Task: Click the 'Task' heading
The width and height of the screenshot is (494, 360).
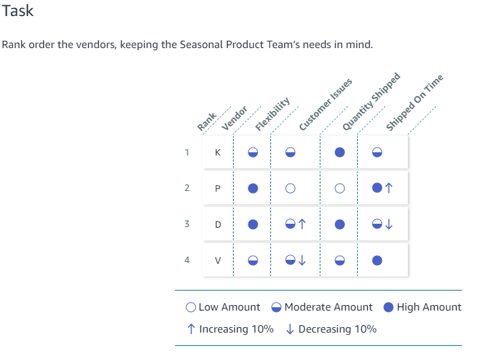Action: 18,11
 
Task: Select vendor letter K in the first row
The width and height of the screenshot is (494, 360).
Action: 217,152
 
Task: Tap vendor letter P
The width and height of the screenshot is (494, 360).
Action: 217,188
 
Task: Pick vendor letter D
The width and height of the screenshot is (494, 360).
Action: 217,224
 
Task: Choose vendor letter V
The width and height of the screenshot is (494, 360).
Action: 217,260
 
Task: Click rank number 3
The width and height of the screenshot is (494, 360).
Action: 188,224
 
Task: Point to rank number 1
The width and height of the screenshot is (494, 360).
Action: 188,152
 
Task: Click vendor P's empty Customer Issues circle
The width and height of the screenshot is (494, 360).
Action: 290,188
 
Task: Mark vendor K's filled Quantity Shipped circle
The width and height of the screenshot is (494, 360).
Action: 340,152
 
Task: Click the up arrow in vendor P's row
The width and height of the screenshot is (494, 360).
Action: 390,188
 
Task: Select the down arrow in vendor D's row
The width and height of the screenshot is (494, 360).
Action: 390,224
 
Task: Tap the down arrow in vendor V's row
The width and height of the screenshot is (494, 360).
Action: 302,260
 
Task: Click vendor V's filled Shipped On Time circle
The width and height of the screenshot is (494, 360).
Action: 377,260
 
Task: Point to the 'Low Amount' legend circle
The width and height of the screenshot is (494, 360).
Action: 191,307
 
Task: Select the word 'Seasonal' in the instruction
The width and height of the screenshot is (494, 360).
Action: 203,45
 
